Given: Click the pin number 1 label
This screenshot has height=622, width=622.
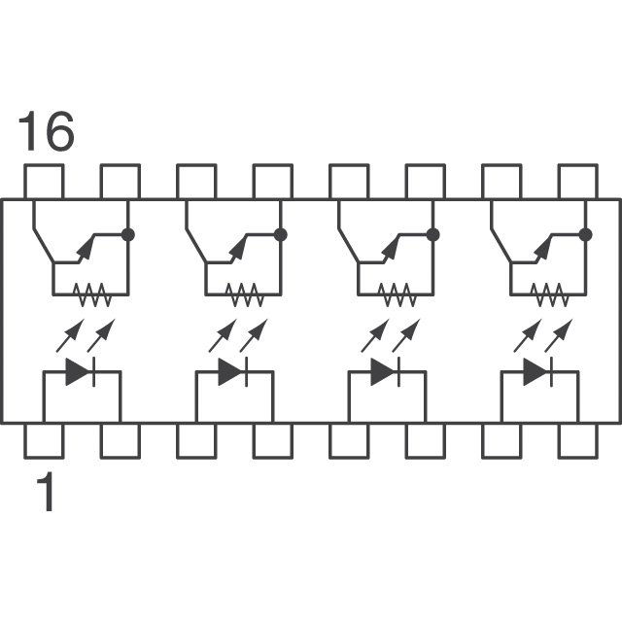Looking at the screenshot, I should click(45, 493).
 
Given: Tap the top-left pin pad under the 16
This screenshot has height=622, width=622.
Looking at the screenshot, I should click(44, 182).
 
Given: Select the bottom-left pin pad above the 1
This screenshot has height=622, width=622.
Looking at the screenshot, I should click(44, 440).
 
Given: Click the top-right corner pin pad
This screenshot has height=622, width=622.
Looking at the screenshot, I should click(577, 182).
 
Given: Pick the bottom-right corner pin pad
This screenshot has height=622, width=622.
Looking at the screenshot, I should click(577, 440).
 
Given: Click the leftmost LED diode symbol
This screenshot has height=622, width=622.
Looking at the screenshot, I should click(81, 371).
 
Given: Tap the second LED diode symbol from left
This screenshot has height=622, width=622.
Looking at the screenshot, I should click(233, 371).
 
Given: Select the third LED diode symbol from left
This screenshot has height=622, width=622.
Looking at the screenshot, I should click(387, 371).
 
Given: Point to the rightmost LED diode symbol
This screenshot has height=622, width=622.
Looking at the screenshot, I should click(538, 371).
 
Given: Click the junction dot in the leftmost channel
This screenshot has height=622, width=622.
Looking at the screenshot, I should click(128, 234).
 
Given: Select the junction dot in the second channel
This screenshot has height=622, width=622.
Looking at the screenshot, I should click(281, 234).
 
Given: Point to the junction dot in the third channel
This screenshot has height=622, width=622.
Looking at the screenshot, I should click(433, 234).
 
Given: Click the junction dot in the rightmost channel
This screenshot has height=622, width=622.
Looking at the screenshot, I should click(586, 234).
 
